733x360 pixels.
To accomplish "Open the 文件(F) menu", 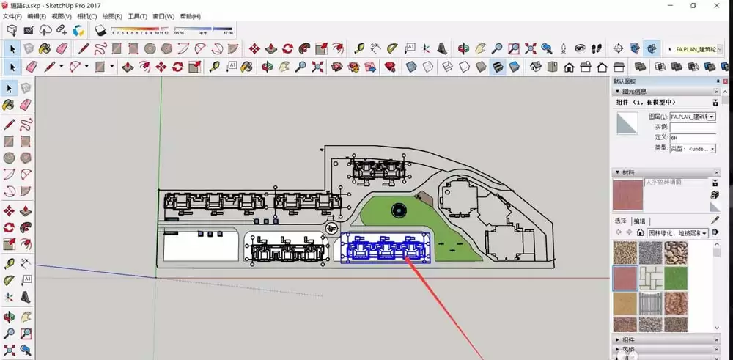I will click(12, 16).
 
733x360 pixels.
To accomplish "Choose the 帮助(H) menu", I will click(190, 16).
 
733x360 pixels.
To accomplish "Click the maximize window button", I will click(693, 5).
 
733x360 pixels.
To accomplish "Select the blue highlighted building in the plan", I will click(386, 247).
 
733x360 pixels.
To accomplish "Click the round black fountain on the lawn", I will click(399, 210).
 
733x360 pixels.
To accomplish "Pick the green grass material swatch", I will click(676, 278).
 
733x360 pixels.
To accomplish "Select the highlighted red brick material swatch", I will click(625, 278).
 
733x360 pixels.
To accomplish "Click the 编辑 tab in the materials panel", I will click(640, 221).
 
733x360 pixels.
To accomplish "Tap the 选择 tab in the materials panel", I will click(620, 221).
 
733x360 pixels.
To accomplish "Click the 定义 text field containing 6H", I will click(692, 137).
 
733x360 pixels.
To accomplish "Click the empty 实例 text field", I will click(692, 127).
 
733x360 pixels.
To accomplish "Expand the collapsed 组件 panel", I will click(629, 340).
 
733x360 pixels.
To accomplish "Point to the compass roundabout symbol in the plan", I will click(331, 229).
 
